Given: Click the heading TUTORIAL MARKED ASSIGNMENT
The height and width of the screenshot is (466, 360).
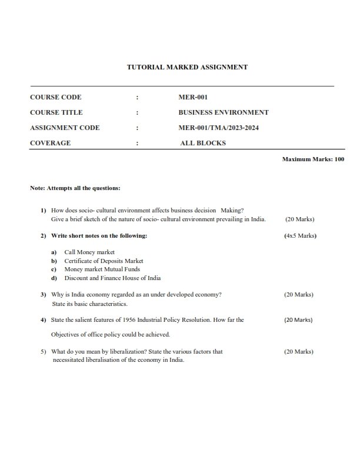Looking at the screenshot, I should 187,67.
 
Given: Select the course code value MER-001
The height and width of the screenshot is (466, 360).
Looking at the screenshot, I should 193,97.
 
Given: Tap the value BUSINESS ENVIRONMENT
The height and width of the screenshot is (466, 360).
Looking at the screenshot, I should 224,112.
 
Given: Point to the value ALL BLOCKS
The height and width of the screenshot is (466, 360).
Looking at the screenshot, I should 202,143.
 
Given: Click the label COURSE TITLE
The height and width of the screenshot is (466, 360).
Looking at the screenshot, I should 56,112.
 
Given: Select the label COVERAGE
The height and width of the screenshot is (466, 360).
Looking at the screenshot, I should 50,143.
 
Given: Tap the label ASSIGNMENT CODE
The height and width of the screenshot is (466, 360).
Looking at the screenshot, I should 65,128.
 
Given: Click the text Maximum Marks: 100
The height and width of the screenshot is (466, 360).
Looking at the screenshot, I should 313,159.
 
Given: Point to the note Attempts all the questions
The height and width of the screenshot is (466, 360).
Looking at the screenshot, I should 75,188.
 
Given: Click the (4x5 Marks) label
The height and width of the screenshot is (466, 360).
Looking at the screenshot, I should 300,236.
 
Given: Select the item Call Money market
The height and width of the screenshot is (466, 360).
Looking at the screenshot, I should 89,252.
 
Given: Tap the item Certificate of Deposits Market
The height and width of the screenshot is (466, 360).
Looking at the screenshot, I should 104,261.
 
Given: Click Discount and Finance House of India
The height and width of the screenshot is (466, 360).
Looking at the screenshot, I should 112,278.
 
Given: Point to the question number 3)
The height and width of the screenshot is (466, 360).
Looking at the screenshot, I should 44,294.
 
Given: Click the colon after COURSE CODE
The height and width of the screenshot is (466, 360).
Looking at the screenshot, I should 137,97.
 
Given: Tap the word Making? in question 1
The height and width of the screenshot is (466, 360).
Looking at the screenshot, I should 232,210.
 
